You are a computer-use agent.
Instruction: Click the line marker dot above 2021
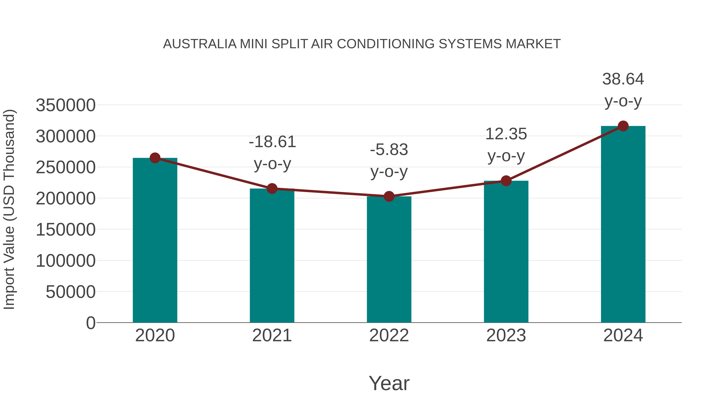click(272, 189)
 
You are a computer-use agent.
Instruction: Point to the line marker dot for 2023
click(506, 181)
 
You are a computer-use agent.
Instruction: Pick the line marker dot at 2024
click(623, 126)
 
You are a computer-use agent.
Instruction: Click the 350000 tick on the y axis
click(66, 106)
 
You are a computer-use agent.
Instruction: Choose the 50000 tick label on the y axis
click(71, 292)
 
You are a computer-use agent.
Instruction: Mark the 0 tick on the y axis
click(90, 323)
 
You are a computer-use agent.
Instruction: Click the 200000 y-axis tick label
click(66, 199)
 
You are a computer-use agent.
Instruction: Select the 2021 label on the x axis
click(272, 335)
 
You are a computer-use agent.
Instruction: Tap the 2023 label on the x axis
click(506, 335)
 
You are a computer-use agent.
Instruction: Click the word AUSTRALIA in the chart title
click(200, 44)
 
